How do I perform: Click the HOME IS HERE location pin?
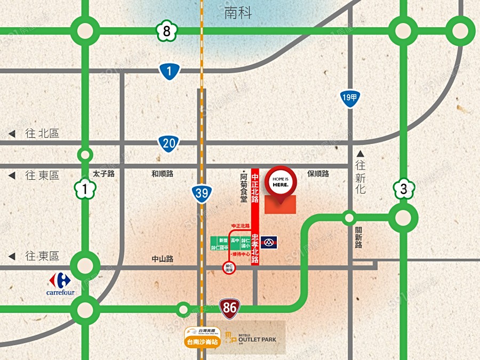280,181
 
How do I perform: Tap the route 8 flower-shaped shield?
167,31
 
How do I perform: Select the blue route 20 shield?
169,143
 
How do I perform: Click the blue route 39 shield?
202,193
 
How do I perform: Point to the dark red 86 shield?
230,307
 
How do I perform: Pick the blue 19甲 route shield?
350,98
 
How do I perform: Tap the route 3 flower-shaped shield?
403,189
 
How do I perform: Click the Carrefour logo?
60,283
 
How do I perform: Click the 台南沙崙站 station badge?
203,337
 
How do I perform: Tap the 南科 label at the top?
238,13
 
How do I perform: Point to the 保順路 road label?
318,174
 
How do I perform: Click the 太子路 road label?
103,174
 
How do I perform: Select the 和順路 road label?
162,174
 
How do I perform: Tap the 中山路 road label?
163,259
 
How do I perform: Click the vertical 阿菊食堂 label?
244,188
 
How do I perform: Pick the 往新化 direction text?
361,173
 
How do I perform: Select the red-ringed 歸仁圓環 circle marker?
229,267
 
